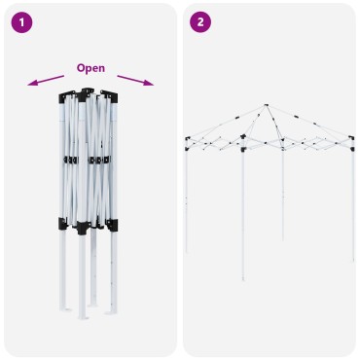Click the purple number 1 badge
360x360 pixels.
(x=21, y=22)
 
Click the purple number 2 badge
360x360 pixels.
(x=200, y=22)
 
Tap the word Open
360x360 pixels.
(x=90, y=68)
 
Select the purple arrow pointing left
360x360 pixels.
(x=46, y=81)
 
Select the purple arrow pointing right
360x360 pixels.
(x=135, y=81)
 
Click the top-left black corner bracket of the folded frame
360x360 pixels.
(x=64, y=97)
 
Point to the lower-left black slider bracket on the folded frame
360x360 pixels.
(x=62, y=224)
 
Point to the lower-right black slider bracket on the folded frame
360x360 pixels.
(x=112, y=225)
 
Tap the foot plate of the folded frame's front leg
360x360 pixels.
(x=83, y=318)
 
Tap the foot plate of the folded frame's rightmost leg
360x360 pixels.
(x=111, y=313)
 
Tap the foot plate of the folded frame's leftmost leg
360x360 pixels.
(x=65, y=309)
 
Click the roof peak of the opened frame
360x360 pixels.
(x=266, y=105)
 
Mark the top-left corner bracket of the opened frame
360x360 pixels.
(x=187, y=138)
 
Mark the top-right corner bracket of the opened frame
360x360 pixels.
(x=351, y=138)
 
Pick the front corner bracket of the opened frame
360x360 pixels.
(x=243, y=137)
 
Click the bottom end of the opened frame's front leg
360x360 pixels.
(x=243, y=279)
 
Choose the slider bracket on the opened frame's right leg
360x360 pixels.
(x=352, y=149)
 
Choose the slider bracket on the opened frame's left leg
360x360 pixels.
(x=187, y=149)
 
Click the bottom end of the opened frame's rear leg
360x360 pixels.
(x=283, y=239)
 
